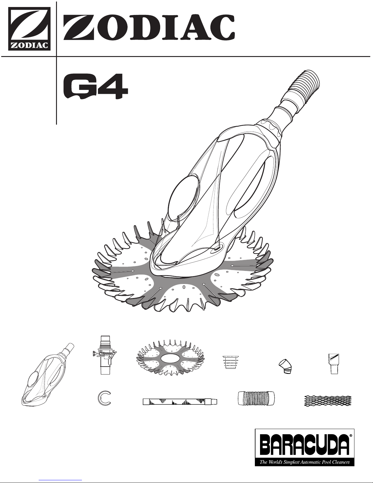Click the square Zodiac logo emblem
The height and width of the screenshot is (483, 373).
(30, 29)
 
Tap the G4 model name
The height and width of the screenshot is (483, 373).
(96, 87)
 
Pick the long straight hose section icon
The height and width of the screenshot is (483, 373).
(180, 402)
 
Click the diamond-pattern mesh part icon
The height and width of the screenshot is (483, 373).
(328, 401)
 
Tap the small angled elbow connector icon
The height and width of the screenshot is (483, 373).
(285, 366)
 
